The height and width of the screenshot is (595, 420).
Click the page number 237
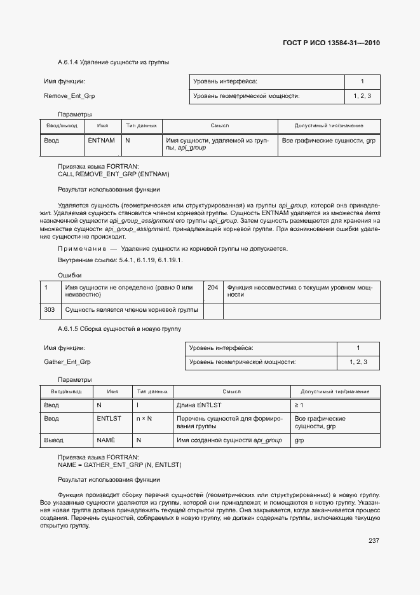(374, 540)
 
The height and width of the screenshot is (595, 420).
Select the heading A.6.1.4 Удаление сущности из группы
(113, 62)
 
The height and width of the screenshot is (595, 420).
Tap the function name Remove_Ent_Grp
(69, 96)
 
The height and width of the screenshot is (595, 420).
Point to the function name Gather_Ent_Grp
(67, 362)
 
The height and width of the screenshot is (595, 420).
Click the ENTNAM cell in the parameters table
(101, 140)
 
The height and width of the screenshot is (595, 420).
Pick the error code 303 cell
(49, 310)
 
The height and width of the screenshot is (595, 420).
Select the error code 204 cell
(212, 288)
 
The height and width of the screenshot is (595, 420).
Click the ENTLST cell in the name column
(109, 419)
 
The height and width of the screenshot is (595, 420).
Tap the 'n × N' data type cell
(144, 419)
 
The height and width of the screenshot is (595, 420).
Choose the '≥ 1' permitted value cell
(299, 405)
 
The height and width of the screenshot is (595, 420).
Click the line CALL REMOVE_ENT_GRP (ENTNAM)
(114, 174)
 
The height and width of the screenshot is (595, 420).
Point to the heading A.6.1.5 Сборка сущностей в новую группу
(119, 329)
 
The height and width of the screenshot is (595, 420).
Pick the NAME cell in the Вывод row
(105, 440)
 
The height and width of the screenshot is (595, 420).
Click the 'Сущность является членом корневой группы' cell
(132, 310)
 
